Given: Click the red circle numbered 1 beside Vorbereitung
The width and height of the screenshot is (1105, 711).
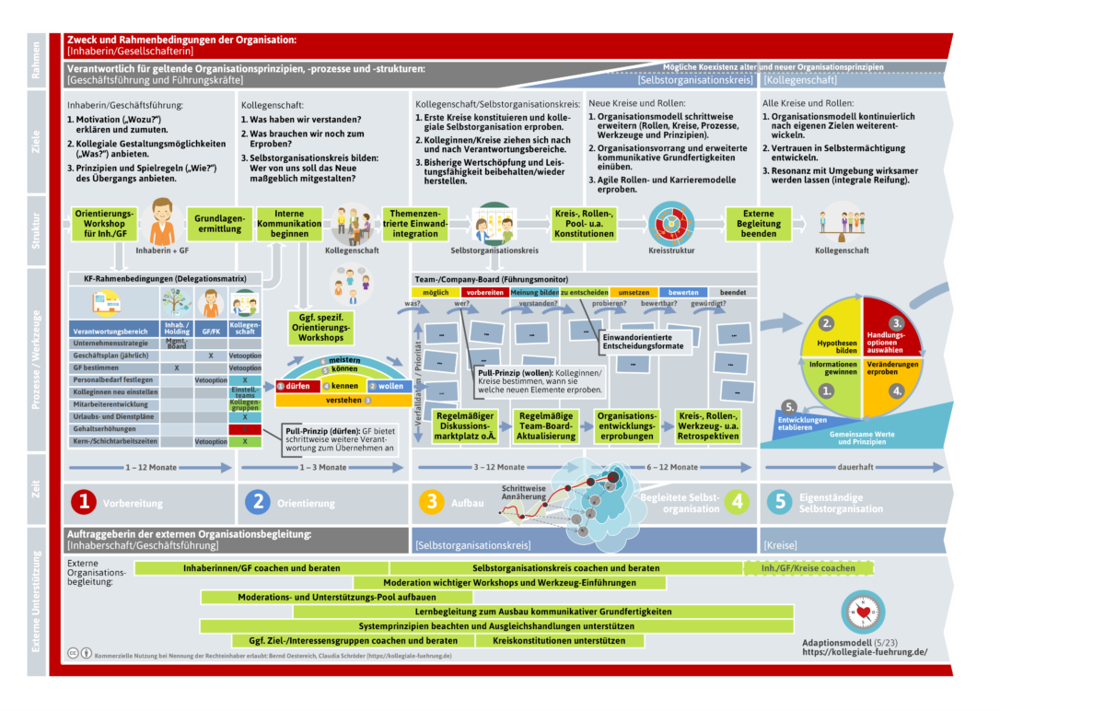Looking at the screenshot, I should pos(85,501).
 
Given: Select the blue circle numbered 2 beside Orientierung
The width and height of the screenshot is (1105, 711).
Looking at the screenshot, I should pos(257,501).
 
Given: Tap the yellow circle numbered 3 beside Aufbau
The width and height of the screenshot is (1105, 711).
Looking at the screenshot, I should pos(430,501).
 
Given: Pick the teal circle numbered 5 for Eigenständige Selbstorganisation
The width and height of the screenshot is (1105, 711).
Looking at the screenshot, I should pos(779,502).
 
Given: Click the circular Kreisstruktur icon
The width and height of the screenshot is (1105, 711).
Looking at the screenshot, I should pos(669,222).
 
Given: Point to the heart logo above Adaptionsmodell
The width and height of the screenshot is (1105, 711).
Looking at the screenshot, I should pos(863,612).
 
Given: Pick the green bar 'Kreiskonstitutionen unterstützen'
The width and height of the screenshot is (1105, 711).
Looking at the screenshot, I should pos(547,640).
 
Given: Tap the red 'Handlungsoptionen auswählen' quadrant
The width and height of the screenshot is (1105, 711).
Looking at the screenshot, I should pos(885,342).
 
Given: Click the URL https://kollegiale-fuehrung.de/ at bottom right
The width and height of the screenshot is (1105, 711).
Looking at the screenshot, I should pos(864,652).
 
